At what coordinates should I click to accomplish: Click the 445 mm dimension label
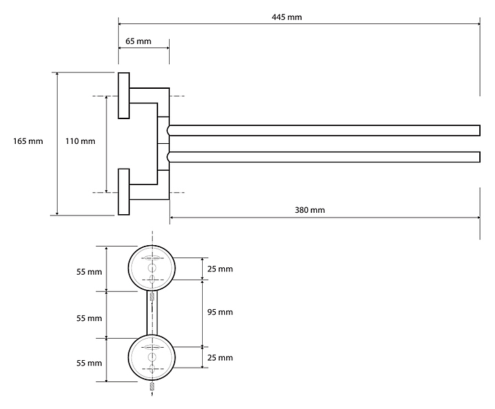click(x=286, y=16)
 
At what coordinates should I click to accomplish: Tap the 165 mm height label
click(x=28, y=141)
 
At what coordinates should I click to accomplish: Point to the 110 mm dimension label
click(x=80, y=141)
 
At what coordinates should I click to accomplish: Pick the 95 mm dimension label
click(x=220, y=312)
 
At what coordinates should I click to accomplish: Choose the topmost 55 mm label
click(x=89, y=272)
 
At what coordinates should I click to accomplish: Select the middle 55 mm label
click(x=89, y=318)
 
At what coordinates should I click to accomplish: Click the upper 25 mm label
click(x=220, y=268)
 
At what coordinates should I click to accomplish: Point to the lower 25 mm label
click(x=220, y=357)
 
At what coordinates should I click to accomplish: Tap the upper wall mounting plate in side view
click(x=124, y=95)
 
